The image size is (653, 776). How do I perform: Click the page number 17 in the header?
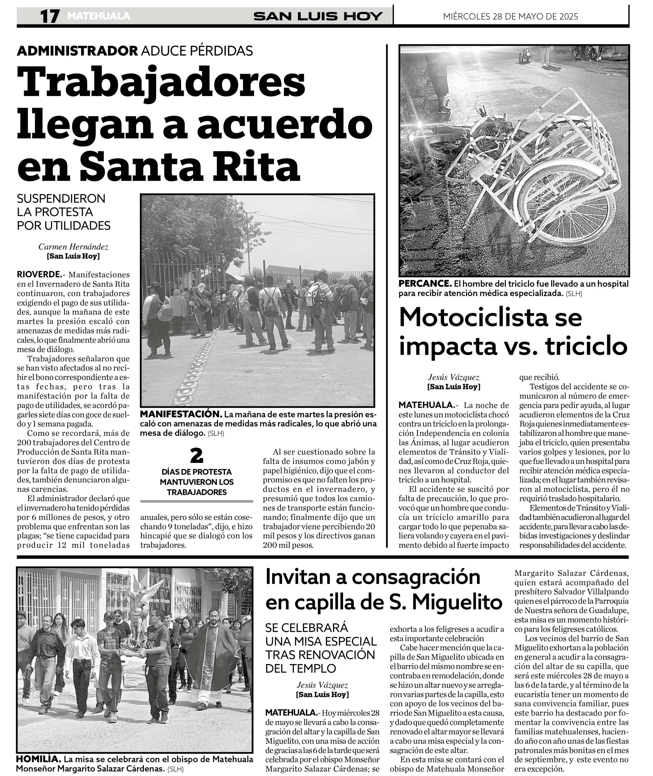(x=50, y=16)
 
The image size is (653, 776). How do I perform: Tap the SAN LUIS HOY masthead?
(x=318, y=16)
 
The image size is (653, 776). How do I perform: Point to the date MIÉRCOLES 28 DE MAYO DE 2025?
(x=510, y=17)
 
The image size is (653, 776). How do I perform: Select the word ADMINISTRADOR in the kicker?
(x=77, y=50)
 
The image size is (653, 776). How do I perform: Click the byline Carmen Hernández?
(x=73, y=247)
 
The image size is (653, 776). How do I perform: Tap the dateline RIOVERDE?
(x=39, y=275)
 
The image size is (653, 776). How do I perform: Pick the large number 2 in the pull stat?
(x=196, y=456)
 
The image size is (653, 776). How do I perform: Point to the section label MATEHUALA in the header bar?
(x=99, y=16)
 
